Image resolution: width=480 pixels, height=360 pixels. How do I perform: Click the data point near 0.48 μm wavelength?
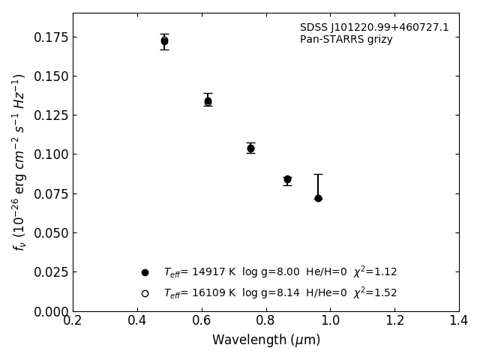point(164,41)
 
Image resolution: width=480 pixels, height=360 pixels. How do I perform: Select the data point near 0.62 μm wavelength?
point(208,101)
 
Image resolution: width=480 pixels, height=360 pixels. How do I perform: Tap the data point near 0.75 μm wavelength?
point(250,148)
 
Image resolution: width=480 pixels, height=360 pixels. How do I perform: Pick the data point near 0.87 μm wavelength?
point(287,180)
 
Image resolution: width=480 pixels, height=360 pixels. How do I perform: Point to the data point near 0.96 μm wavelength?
point(318,198)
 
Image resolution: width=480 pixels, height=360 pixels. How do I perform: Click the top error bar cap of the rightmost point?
point(318,175)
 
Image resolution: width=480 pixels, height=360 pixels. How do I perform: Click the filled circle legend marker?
point(145,272)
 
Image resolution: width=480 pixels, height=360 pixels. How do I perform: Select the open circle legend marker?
point(145,293)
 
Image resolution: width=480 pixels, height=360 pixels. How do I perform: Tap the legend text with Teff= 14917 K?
point(280,272)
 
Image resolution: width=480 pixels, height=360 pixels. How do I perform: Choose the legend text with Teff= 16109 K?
point(280,293)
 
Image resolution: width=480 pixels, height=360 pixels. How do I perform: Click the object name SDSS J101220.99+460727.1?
point(374,28)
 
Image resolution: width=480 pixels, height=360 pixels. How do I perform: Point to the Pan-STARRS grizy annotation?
point(346,40)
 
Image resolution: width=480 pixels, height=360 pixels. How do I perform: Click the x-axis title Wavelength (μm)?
point(265,340)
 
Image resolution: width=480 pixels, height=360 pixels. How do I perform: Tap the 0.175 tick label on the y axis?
point(49,37)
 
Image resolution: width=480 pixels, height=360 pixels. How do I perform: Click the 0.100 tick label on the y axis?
point(49,154)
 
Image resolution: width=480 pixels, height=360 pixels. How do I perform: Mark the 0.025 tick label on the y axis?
point(49,272)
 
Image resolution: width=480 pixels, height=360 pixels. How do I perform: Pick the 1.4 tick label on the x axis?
point(459,321)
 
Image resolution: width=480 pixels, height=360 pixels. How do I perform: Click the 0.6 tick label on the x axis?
point(202,321)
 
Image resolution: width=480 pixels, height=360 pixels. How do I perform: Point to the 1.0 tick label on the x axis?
point(330,321)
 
